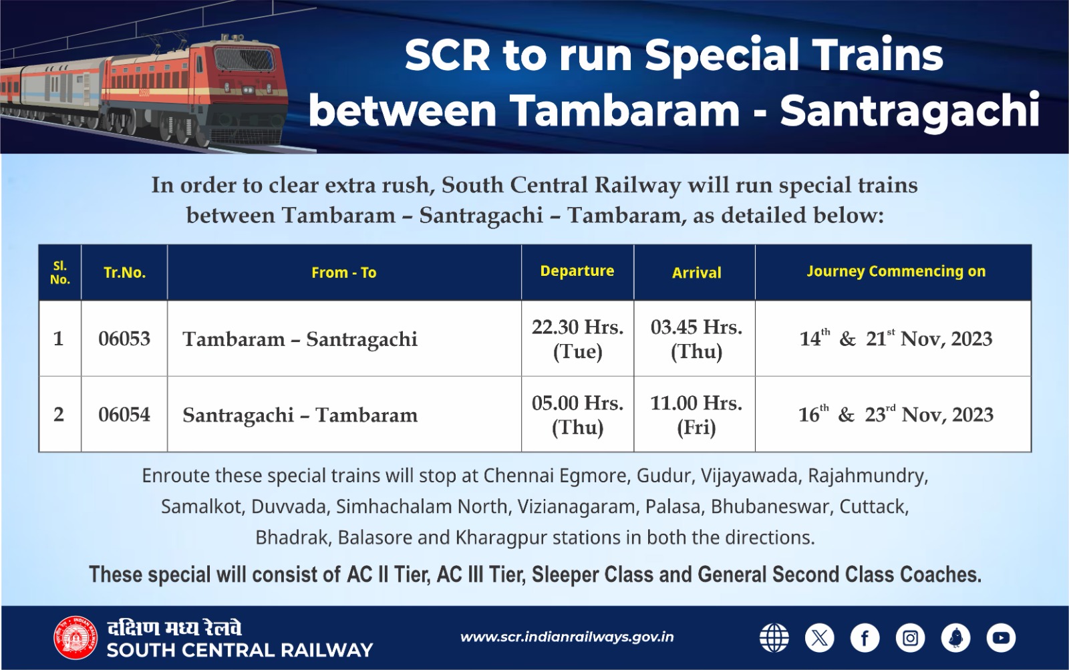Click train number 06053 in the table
pyautogui.click(x=124, y=339)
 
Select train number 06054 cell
pyautogui.click(x=124, y=415)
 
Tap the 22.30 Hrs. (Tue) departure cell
pyautogui.click(x=577, y=339)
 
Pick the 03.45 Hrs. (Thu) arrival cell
pyautogui.click(x=696, y=339)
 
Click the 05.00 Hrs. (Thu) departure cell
pyautogui.click(x=577, y=415)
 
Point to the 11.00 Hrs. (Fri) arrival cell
pyautogui.click(x=696, y=415)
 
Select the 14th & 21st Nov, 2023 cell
pyautogui.click(x=895, y=339)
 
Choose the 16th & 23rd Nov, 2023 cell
pyautogui.click(x=895, y=415)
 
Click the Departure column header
pyautogui.click(x=577, y=271)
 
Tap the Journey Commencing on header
pyautogui.click(x=895, y=271)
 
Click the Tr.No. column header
pyautogui.click(x=124, y=273)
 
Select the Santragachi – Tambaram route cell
pyautogui.click(x=300, y=415)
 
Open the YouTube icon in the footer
pyautogui.click(x=1001, y=638)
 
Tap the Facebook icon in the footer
pyautogui.click(x=865, y=638)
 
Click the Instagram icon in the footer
pyautogui.click(x=910, y=638)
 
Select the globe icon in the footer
pyautogui.click(x=774, y=638)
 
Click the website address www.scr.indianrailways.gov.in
pyautogui.click(x=567, y=637)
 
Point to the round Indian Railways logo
pyautogui.click(x=75, y=638)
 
